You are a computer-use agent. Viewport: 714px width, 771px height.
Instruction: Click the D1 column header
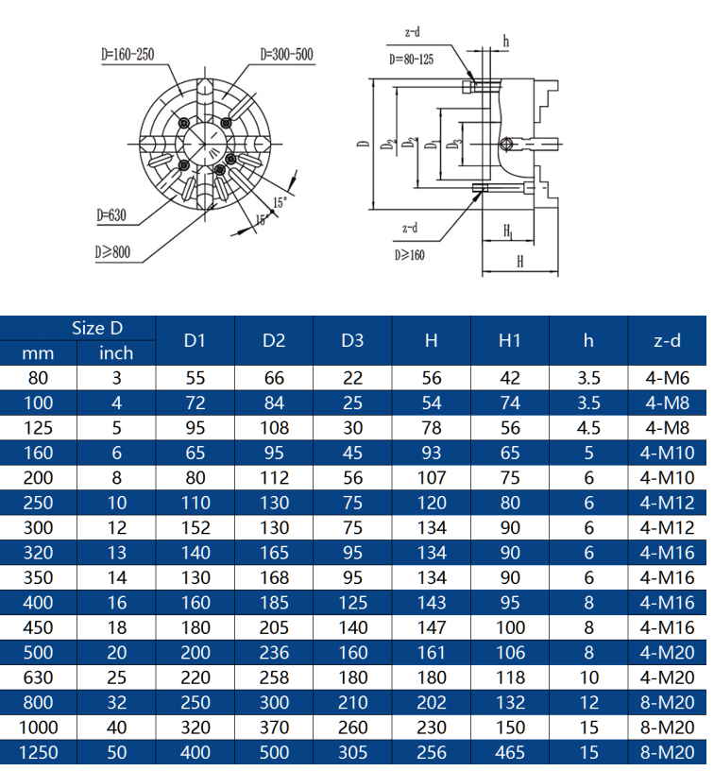click(195, 340)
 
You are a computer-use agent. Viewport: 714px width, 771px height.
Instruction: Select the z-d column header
click(667, 340)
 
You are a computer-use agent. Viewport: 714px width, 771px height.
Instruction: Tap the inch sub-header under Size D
click(116, 353)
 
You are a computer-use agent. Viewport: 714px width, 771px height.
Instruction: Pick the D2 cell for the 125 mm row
click(274, 428)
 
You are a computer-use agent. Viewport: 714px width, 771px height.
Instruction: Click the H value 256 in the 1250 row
click(432, 752)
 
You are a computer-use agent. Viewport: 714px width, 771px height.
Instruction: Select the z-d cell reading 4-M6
click(668, 378)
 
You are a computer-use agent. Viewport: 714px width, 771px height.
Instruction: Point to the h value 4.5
click(588, 428)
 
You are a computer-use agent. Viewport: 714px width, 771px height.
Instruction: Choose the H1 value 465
click(510, 752)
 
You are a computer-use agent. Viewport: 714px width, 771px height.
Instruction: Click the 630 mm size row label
click(38, 677)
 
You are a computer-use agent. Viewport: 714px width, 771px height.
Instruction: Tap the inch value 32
click(116, 702)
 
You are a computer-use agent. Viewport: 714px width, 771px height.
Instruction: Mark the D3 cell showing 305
click(353, 752)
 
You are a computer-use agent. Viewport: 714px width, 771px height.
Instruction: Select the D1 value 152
click(195, 527)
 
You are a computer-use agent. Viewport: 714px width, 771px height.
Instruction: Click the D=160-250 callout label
click(127, 54)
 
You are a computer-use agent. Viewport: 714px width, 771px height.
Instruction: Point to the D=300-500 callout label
click(286, 54)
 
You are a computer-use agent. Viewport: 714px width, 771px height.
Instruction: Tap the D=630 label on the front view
click(111, 215)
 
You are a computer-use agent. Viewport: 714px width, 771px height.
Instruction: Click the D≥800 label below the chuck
click(112, 252)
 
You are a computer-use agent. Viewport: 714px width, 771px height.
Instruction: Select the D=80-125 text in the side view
click(411, 60)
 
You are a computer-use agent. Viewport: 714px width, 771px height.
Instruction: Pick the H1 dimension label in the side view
click(509, 231)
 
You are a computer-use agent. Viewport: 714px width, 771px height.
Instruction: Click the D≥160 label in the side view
click(409, 255)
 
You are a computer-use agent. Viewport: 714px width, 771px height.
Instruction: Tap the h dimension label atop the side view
click(505, 42)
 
